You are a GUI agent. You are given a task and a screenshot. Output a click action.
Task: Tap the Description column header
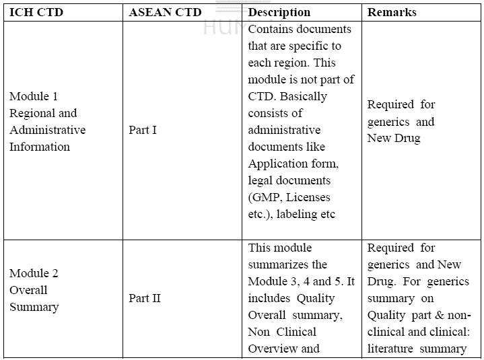pyautogui.click(x=279, y=12)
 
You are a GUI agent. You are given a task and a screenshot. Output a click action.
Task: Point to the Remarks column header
pyautogui.click(x=392, y=12)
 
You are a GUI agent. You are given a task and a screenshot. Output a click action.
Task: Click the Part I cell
pyautogui.click(x=143, y=130)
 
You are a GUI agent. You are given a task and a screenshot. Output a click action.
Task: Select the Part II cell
pyautogui.click(x=145, y=298)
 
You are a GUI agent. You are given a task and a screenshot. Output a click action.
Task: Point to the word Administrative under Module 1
pyautogui.click(x=48, y=130)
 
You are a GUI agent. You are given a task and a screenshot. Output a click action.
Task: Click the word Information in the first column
pyautogui.click(x=40, y=147)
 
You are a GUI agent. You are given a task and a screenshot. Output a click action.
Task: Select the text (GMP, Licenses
pyautogui.click(x=289, y=198)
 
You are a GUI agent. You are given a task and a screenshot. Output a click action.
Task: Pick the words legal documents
pyautogui.click(x=289, y=181)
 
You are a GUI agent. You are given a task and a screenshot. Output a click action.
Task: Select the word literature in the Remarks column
pyautogui.click(x=390, y=349)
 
